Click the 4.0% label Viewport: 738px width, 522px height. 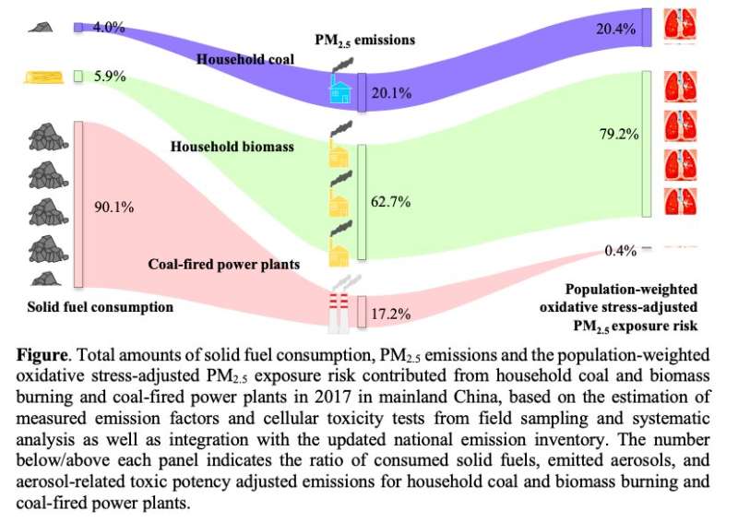(x=109, y=28)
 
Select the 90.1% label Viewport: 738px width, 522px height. (x=113, y=208)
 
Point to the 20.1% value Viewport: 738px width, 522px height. (x=391, y=92)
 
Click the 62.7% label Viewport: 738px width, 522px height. (x=391, y=201)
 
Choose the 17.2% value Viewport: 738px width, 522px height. (x=391, y=314)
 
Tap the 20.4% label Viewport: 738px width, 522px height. (x=616, y=30)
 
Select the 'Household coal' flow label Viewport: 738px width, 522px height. (x=245, y=59)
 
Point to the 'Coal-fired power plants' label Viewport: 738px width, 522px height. (x=224, y=264)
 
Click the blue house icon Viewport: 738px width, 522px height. (x=340, y=89)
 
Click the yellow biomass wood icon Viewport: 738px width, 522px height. (x=42, y=77)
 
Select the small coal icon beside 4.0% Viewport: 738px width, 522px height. (x=39, y=28)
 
